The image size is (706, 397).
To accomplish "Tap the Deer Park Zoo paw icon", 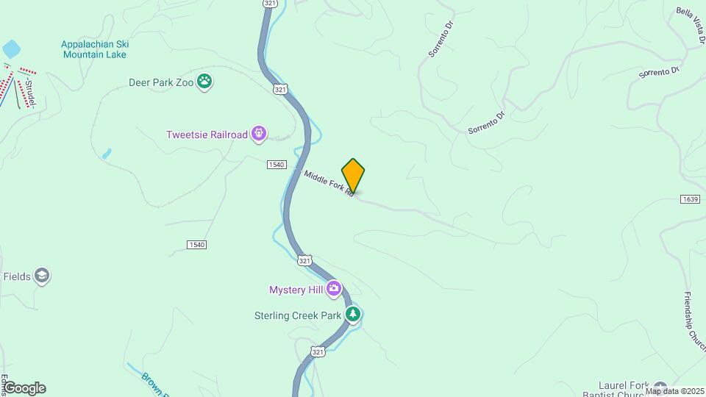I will [205, 82].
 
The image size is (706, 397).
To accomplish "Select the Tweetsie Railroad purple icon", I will [258, 134].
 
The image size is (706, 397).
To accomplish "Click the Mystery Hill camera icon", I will [335, 289].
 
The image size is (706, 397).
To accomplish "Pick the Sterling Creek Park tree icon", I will [354, 315].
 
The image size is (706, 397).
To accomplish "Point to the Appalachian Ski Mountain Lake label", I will [94, 49].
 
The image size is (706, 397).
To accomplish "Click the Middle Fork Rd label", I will [329, 183].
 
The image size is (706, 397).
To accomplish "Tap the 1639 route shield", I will [689, 199].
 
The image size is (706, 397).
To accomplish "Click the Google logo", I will [24, 388].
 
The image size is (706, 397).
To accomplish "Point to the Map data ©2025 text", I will [674, 391].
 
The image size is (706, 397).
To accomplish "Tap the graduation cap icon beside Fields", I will [42, 276].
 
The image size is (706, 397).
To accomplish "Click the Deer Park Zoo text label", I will [161, 82].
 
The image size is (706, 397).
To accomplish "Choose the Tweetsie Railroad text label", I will [207, 135].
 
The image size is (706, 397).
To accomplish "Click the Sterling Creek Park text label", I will [293, 315].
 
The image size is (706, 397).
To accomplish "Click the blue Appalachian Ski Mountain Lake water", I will [11, 49].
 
